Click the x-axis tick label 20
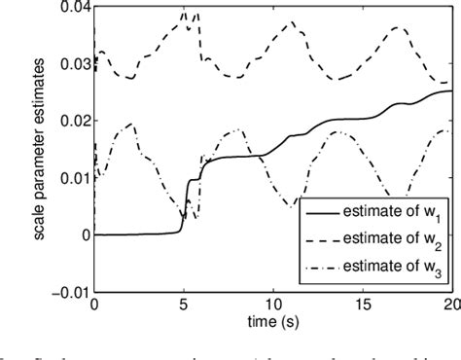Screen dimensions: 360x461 tap(450, 306)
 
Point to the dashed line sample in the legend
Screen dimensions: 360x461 tap(325, 238)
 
